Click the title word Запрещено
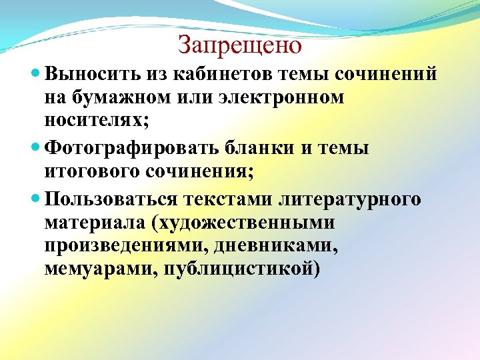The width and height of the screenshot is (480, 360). [240, 45]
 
